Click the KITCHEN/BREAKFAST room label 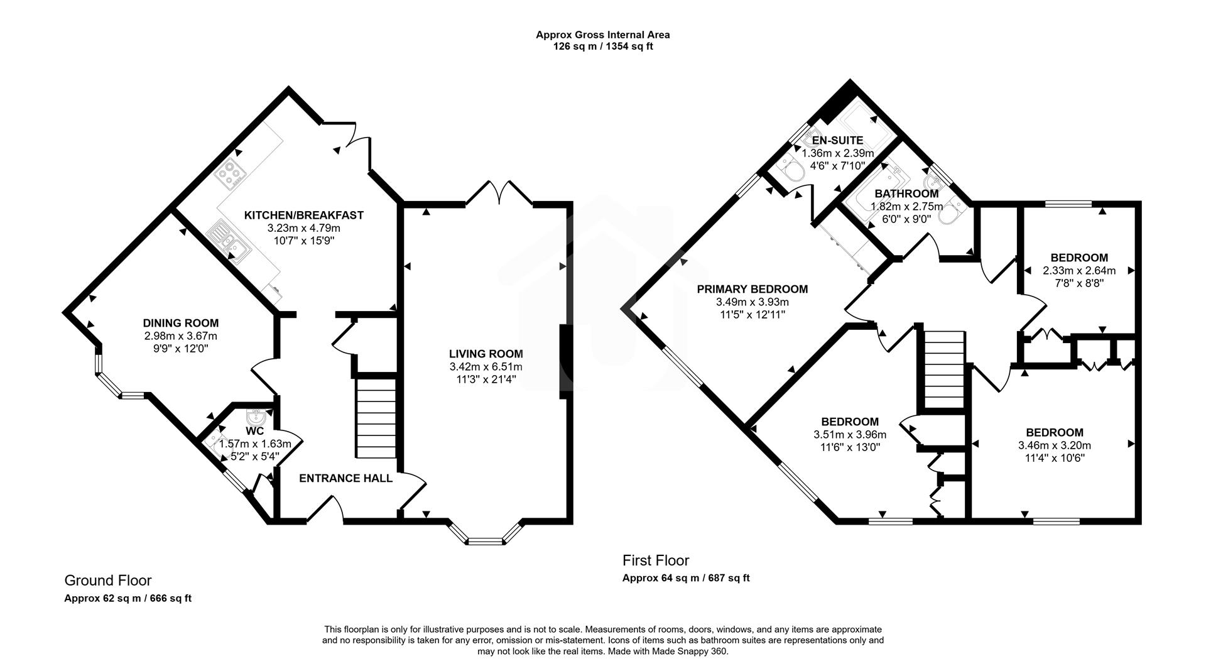point(303,215)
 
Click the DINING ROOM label point(180,323)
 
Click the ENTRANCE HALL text point(345,479)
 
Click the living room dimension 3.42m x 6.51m point(486,367)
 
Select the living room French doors point(500,192)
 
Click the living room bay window point(484,537)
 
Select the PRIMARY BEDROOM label point(752,289)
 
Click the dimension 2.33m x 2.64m point(1078,271)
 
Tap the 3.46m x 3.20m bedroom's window point(1057,520)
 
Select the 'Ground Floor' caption point(108,580)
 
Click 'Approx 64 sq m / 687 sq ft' point(685,578)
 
